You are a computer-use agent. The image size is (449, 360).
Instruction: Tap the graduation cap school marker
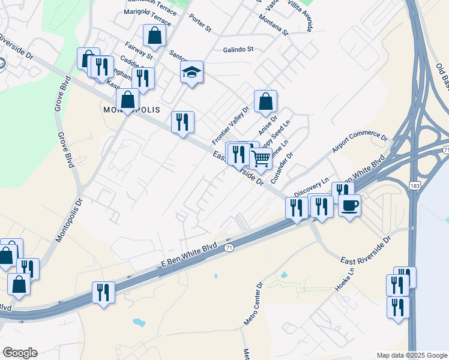pyautogui.click(x=191, y=73)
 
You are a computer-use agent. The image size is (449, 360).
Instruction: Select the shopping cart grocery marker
pyautogui.click(x=261, y=159)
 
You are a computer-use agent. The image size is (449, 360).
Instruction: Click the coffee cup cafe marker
pyautogui.click(x=349, y=205)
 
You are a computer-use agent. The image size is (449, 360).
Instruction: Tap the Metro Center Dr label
pyautogui.click(x=253, y=304)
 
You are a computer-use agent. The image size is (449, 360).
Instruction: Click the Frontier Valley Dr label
pyautogui.click(x=230, y=125)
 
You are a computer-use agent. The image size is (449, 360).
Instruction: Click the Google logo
pyautogui.click(x=20, y=353)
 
